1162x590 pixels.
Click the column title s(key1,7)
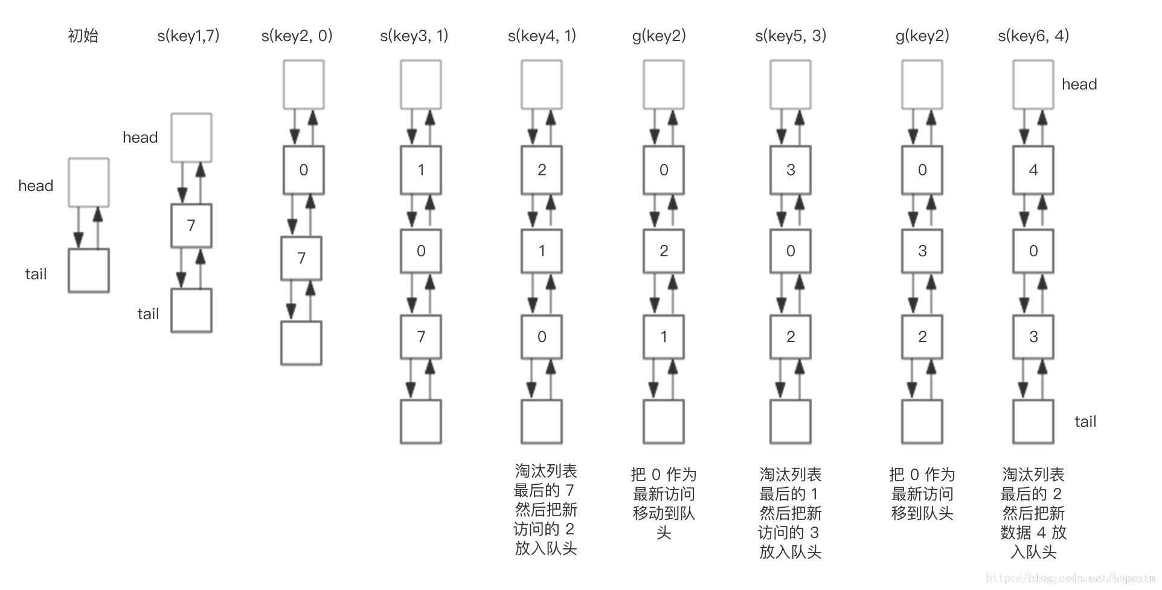click(x=188, y=36)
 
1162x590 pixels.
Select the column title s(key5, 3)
click(x=791, y=36)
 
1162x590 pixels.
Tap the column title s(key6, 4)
click(x=1033, y=36)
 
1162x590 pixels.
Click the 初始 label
click(x=83, y=36)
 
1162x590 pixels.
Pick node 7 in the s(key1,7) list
click(x=191, y=225)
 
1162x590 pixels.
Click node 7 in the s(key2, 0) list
click(x=301, y=258)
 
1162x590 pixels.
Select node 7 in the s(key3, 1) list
click(x=421, y=337)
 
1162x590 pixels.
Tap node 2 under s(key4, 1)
click(x=542, y=170)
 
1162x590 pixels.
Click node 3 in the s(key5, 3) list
click(x=791, y=170)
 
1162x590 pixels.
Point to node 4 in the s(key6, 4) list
click(x=1033, y=170)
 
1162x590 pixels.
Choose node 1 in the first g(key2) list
click(x=664, y=337)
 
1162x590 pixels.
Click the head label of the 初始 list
click(x=36, y=186)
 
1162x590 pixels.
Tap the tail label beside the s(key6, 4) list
click(x=1085, y=422)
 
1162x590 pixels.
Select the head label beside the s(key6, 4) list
click(x=1079, y=85)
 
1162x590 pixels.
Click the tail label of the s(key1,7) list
click(x=148, y=314)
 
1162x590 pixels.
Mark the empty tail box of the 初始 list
click(x=89, y=271)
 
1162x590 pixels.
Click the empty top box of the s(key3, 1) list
click(x=421, y=85)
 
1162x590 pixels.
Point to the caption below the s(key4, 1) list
click(x=545, y=510)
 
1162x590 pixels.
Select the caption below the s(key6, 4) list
click(x=1033, y=513)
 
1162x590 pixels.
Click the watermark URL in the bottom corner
click(x=1070, y=579)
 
